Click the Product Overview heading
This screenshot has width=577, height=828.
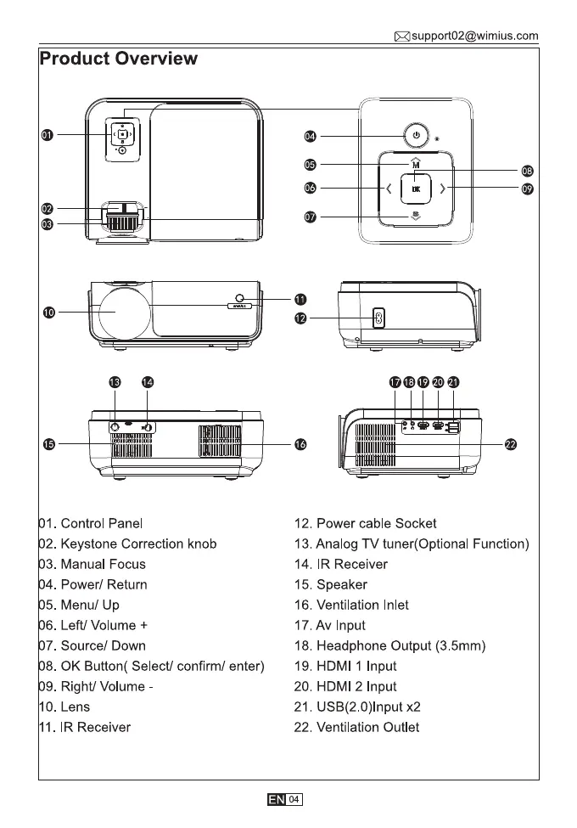tap(119, 59)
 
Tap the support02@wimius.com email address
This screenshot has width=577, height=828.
tap(474, 36)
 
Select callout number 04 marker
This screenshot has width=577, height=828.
tap(311, 137)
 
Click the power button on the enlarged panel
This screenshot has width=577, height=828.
tap(415, 135)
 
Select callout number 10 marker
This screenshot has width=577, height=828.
tap(50, 313)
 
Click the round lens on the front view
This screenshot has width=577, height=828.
tap(119, 312)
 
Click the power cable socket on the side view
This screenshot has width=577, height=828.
tap(379, 318)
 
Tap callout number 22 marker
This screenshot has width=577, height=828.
tap(511, 443)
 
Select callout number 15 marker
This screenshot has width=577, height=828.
tap(50, 443)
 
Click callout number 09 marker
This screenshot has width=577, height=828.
tap(527, 189)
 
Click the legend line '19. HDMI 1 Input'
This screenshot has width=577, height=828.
tap(345, 667)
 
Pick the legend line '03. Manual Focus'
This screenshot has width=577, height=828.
tap(92, 564)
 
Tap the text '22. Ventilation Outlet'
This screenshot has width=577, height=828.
tap(356, 728)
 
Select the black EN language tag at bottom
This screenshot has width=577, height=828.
tap(277, 800)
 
